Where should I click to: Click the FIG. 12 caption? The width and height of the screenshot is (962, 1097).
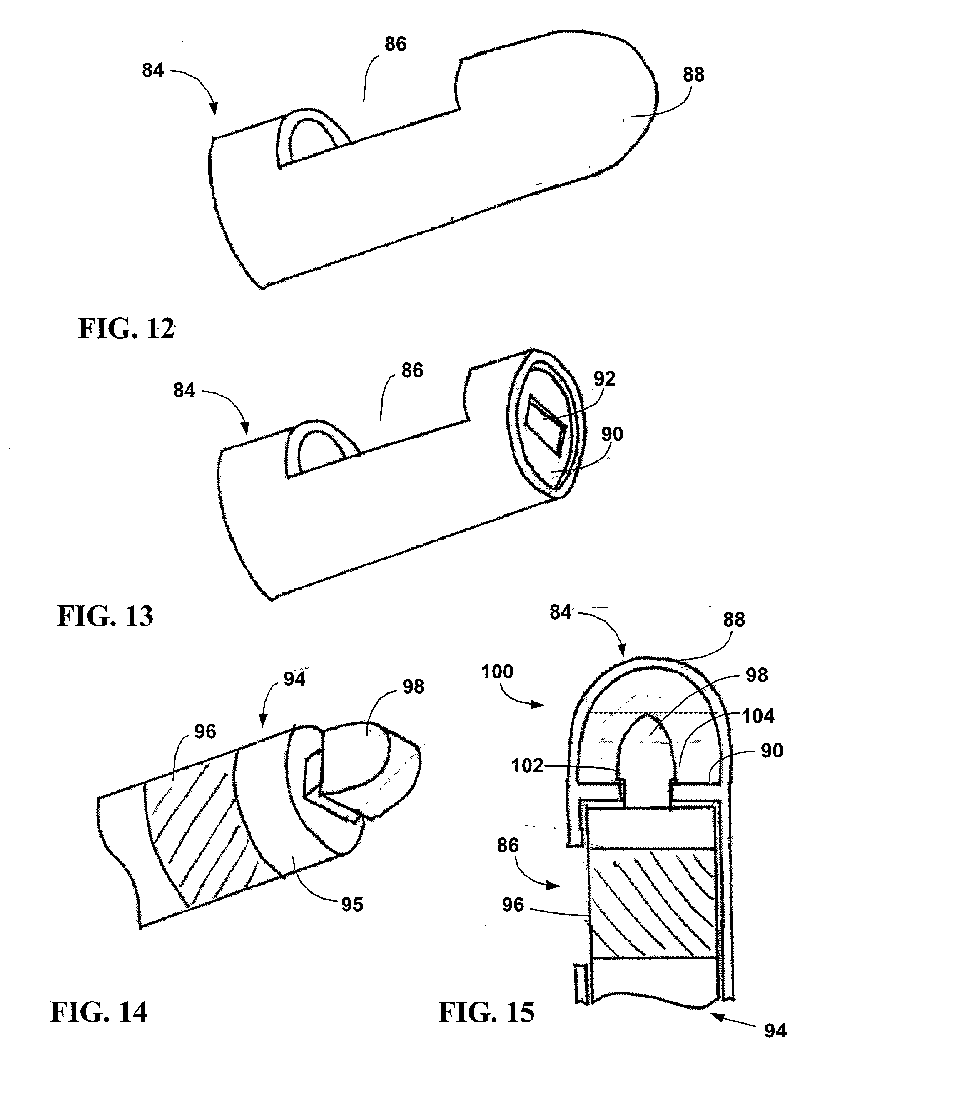(x=127, y=328)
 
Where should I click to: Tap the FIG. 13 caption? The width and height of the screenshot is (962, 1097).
(x=105, y=616)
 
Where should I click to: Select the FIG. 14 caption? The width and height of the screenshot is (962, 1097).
(x=99, y=1012)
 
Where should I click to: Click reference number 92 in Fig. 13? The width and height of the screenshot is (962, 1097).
(x=604, y=379)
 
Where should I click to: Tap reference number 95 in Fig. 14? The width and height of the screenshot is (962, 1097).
(x=352, y=905)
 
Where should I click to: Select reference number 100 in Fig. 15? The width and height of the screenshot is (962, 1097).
(x=497, y=671)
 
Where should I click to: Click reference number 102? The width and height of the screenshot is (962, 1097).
(x=527, y=765)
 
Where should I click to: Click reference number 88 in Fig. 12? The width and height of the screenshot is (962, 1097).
(x=693, y=75)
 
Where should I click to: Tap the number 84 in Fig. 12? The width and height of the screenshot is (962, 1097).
(x=153, y=70)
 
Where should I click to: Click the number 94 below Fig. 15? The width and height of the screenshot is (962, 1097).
(x=775, y=1030)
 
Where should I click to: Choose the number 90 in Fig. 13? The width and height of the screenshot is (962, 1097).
(x=612, y=434)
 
